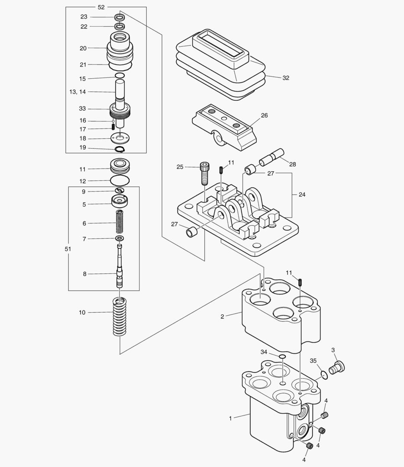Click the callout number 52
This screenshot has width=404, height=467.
click(101, 7)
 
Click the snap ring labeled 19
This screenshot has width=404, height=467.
click(120, 149)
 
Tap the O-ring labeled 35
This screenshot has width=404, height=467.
click(323, 374)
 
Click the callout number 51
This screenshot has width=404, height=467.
click(68, 249)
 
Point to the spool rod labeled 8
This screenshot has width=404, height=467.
click(120, 266)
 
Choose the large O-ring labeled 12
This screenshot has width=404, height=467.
click(120, 180)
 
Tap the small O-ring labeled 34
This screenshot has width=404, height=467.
click(282, 356)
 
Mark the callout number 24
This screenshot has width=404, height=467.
click(302, 195)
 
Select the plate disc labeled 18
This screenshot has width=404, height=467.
click(120, 139)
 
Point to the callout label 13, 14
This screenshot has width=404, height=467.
click(77, 92)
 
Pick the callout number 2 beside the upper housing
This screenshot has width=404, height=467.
click(222, 317)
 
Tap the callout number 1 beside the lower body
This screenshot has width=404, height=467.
click(231, 418)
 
